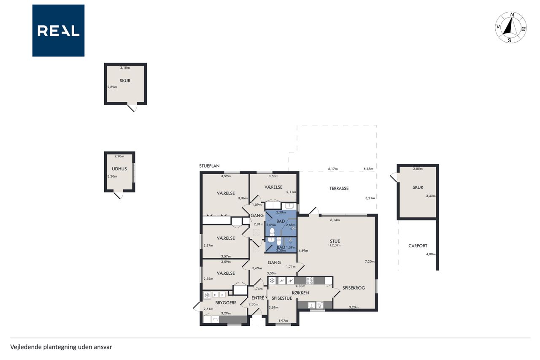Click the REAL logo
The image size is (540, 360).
pos(58,31)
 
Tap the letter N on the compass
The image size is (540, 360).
pos(512,15)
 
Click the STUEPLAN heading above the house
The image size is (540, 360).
pos(209,166)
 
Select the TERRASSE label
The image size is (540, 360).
pos(339,188)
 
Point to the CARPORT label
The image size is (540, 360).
pos(418,246)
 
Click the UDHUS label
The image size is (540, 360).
pos(119,169)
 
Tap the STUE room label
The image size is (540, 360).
pos(335,241)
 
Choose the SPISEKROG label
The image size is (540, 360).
pos(354,288)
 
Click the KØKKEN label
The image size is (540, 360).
pos(300,293)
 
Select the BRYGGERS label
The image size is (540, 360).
pos(226,303)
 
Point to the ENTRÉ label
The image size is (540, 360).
pos(258,298)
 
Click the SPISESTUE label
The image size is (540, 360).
pos(282,298)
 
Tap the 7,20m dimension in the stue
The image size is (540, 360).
pos(370,261)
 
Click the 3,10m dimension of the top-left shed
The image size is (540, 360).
pos(125,68)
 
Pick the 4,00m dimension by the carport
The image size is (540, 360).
pos(431,254)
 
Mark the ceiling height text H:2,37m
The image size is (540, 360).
pos(335,245)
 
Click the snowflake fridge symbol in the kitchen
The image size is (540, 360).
pos(272,281)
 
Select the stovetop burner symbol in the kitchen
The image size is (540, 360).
pos(310,281)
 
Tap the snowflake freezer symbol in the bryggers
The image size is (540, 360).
pos(207,295)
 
